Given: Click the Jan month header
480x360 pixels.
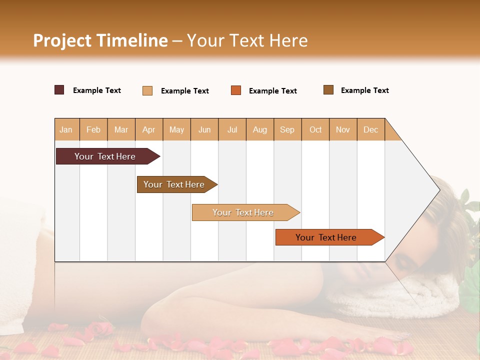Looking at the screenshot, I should [x=66, y=130].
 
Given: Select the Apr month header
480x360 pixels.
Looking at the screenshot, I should [x=148, y=130].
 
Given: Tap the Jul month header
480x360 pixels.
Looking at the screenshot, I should [x=232, y=130].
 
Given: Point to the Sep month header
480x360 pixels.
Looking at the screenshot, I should [x=287, y=130].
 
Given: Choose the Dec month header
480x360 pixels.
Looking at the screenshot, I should [x=370, y=130].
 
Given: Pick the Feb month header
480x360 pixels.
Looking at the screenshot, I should [x=93, y=130].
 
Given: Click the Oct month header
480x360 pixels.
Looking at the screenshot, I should [x=315, y=130].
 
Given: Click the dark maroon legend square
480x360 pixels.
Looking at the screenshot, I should [x=59, y=90].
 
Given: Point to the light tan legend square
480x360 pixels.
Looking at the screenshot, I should [x=147, y=90].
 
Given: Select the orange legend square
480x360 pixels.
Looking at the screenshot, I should [x=236, y=90].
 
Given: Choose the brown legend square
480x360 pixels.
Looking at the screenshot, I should [x=328, y=90].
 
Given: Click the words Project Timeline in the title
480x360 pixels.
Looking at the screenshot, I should [x=100, y=40].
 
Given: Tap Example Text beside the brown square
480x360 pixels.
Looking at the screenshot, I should [x=364, y=90].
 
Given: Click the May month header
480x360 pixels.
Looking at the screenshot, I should [x=176, y=130].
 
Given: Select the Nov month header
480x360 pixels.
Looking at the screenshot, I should [x=343, y=130].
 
